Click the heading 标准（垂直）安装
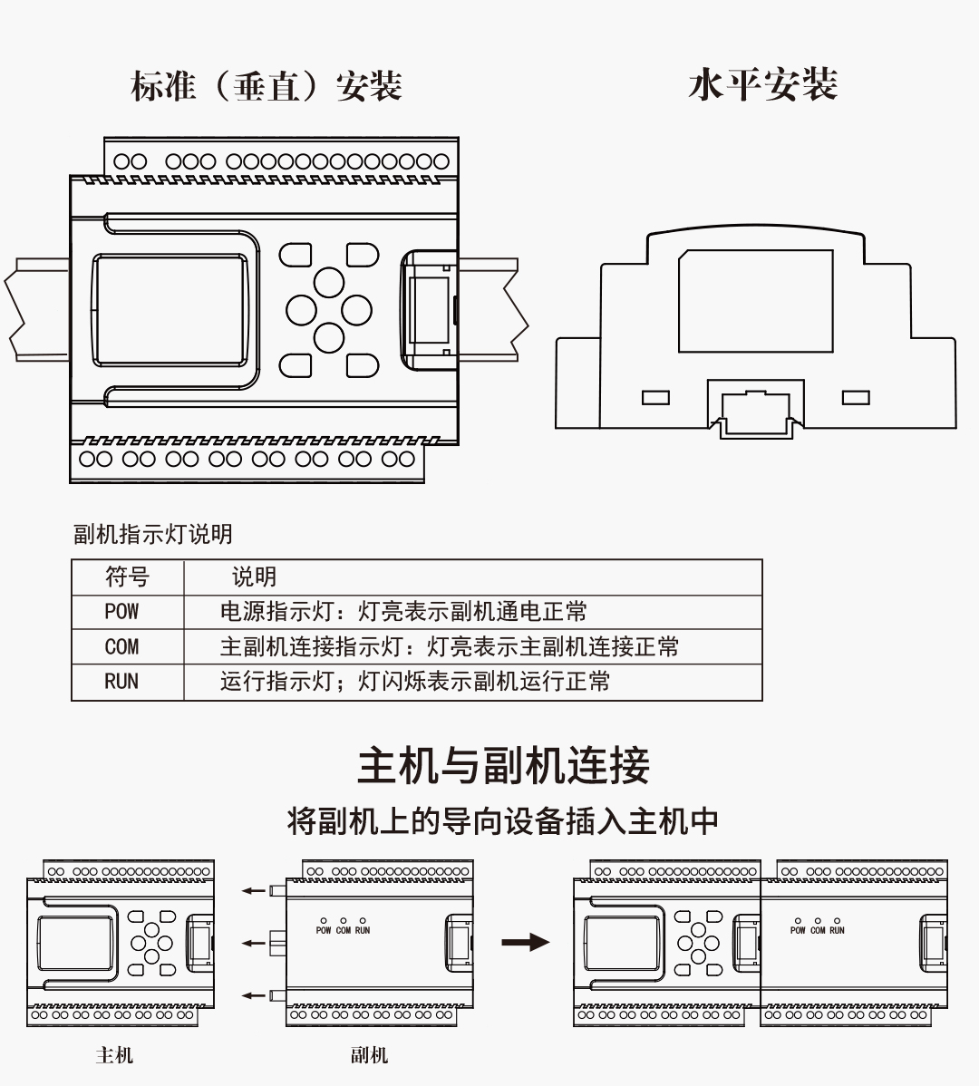[x=267, y=86]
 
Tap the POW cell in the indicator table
[x=121, y=612]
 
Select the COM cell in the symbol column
[x=121, y=647]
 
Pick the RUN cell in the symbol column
[x=121, y=682]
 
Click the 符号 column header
[x=127, y=577]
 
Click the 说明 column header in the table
[x=254, y=577]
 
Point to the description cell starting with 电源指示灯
[x=403, y=612]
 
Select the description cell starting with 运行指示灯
[x=415, y=682]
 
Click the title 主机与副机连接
[x=504, y=765]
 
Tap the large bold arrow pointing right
[x=526, y=942]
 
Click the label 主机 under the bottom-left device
[x=114, y=1055]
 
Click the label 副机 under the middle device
[x=369, y=1055]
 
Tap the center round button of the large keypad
[x=329, y=311]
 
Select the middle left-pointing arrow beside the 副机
[x=254, y=944]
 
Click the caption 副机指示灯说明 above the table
[x=152, y=534]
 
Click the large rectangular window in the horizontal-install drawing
[x=756, y=301]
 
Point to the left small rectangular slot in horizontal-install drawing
[x=655, y=397]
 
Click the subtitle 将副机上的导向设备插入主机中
[x=503, y=821]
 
